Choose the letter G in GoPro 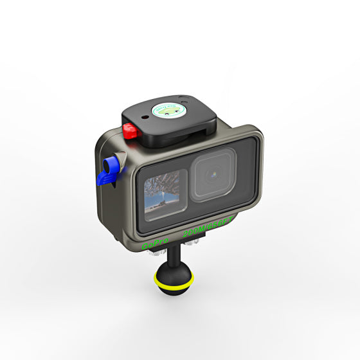point(144,246)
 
